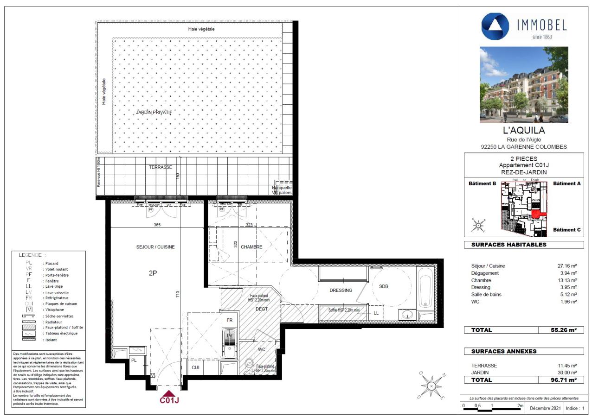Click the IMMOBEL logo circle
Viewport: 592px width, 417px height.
(x=495, y=26)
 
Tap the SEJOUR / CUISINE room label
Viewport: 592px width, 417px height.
(x=159, y=247)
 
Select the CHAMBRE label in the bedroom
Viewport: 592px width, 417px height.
(x=251, y=247)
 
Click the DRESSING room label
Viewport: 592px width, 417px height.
(x=341, y=291)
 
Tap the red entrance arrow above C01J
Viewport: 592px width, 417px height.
(x=169, y=393)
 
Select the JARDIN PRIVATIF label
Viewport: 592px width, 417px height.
(x=154, y=113)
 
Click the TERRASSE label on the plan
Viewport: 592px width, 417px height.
(x=161, y=167)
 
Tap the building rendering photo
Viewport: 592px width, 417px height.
(x=524, y=85)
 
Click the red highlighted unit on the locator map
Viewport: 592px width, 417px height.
(x=536, y=214)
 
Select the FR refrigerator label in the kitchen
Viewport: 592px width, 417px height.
(x=229, y=321)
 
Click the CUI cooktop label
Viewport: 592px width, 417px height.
(x=196, y=367)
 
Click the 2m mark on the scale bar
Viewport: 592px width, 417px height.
(x=520, y=405)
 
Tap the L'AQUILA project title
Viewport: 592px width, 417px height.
(x=524, y=131)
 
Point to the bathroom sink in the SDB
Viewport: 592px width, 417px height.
(x=409, y=315)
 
